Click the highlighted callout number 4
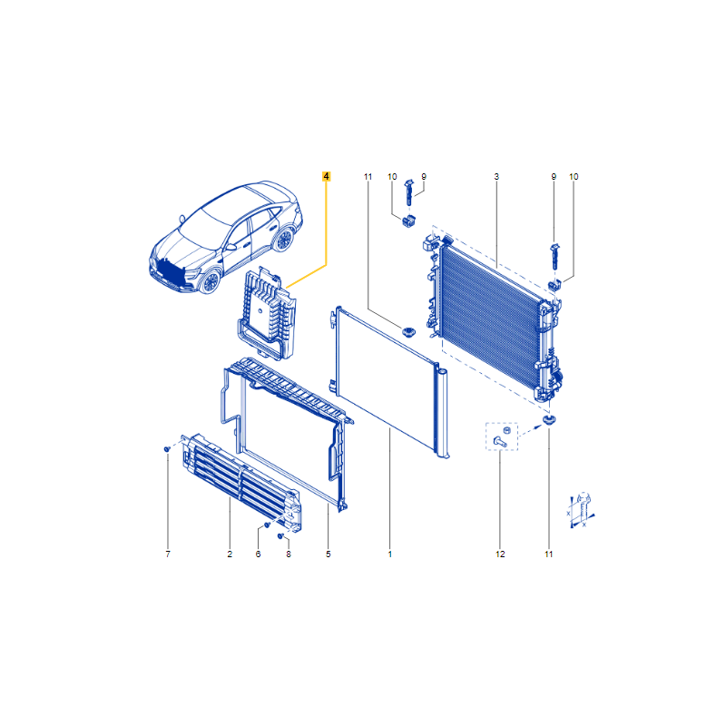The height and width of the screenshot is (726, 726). [x=327, y=176]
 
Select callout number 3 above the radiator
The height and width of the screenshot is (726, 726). [x=496, y=176]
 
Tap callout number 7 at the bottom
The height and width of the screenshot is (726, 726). [x=168, y=554]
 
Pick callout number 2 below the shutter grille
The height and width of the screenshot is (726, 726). [x=230, y=554]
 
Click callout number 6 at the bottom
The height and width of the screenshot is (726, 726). [x=258, y=554]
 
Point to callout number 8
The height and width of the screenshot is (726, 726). [x=289, y=554]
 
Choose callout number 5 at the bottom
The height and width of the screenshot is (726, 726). [x=329, y=554]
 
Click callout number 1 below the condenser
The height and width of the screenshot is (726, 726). [x=390, y=554]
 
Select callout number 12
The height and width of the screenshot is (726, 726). [x=500, y=554]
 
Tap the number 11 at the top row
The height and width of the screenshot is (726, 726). [x=368, y=176]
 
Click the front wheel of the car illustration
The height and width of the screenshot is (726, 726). [x=211, y=281]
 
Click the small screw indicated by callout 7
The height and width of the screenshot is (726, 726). [x=167, y=448]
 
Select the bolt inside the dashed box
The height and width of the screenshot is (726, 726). [x=500, y=442]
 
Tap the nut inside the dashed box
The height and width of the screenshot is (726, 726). [x=506, y=430]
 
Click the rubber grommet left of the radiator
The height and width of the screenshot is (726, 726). [x=407, y=331]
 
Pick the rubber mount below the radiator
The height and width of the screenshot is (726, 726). [x=549, y=420]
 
